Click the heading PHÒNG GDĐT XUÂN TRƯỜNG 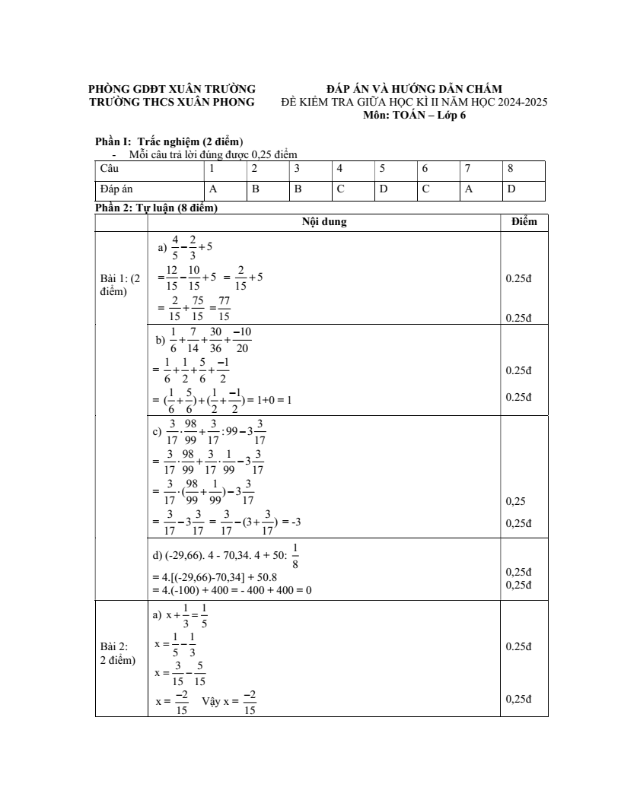click(172, 90)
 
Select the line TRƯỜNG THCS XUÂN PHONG click(172, 102)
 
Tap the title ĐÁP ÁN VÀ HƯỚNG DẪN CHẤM click(414, 90)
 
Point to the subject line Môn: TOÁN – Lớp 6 click(414, 115)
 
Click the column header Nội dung click(323, 222)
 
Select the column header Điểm click(524, 222)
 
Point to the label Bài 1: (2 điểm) click(119, 285)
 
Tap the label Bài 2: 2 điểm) click(118, 653)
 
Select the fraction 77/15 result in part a click(224, 308)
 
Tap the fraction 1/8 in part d click(295, 557)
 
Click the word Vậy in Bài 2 click(211, 702)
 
